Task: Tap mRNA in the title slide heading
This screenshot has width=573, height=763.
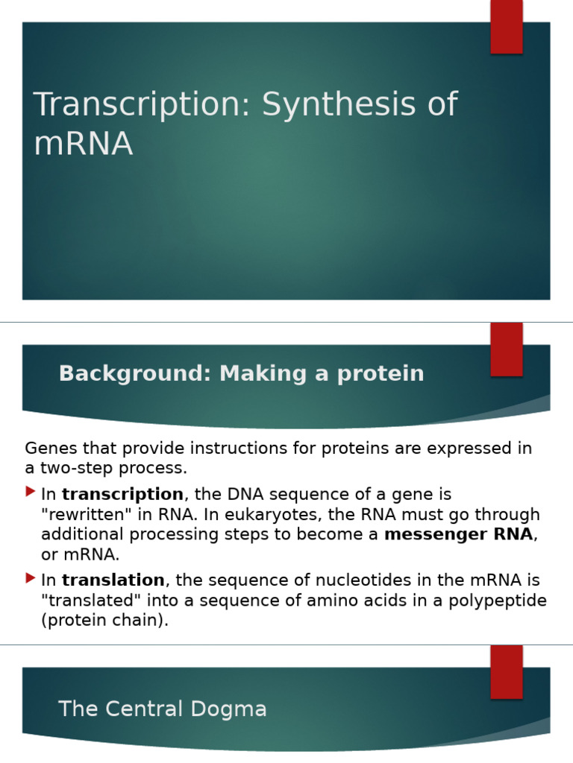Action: tap(83, 143)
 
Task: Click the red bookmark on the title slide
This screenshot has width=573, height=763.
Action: tap(506, 27)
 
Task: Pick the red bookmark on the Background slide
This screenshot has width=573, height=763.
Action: tap(506, 349)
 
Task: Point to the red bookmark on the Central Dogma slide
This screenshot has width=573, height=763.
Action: tap(506, 672)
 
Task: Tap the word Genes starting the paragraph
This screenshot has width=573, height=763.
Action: tap(48, 448)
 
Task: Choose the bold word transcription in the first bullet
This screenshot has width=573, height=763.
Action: tap(122, 494)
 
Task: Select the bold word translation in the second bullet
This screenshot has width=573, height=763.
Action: tap(113, 580)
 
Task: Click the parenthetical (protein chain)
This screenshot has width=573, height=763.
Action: tap(104, 620)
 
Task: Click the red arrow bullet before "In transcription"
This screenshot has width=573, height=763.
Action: tap(30, 492)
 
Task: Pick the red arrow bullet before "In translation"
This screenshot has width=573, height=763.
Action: tap(30, 577)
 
